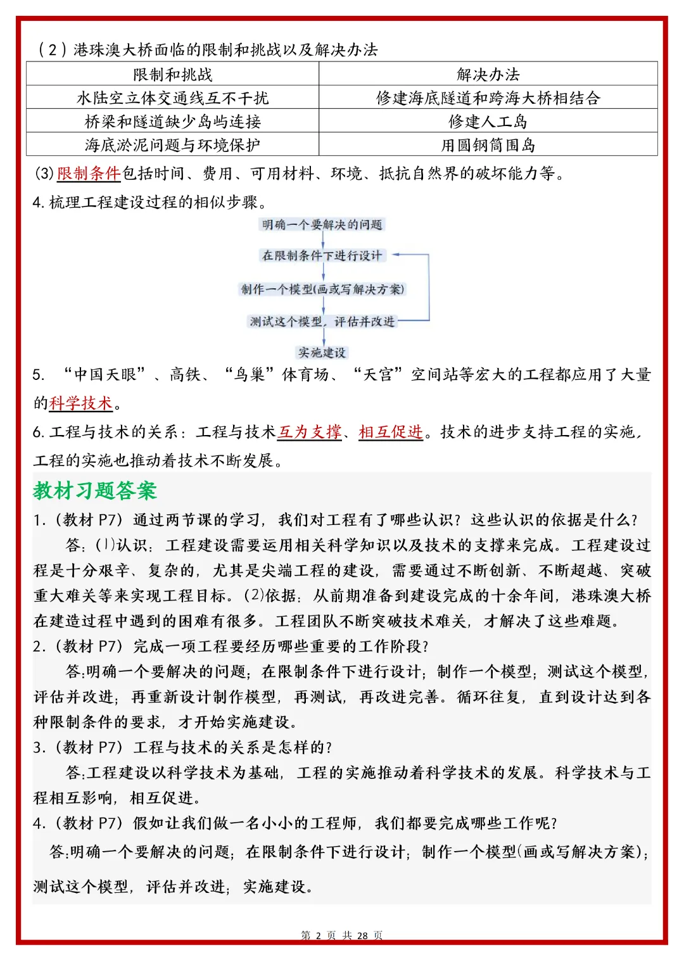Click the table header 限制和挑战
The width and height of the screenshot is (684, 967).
click(172, 74)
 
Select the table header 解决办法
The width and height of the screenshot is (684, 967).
click(488, 74)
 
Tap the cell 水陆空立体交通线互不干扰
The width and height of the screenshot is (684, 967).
click(172, 98)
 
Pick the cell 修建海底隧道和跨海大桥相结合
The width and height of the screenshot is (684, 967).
click(488, 98)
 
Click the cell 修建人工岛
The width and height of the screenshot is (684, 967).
click(488, 121)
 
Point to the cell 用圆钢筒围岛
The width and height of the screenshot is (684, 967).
click(488, 145)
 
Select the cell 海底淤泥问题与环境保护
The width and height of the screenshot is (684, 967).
click(172, 145)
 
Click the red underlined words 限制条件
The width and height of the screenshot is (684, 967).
click(89, 173)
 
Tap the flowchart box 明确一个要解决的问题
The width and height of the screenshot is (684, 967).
click(322, 224)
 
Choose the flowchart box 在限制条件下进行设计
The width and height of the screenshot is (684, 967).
click(322, 255)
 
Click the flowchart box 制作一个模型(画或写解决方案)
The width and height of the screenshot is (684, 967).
click(322, 289)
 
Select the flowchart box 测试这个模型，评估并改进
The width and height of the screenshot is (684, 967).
click(322, 321)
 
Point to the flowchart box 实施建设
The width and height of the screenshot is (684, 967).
click(322, 352)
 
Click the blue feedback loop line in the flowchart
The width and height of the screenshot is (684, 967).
click(429, 288)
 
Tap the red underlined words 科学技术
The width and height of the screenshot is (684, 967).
click(81, 403)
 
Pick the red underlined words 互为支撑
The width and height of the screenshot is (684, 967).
click(310, 431)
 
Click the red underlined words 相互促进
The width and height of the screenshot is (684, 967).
click(391, 431)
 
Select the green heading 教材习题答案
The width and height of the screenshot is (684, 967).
click(95, 490)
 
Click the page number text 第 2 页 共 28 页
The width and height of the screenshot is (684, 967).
click(342, 935)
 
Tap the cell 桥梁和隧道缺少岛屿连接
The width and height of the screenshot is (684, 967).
click(172, 121)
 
